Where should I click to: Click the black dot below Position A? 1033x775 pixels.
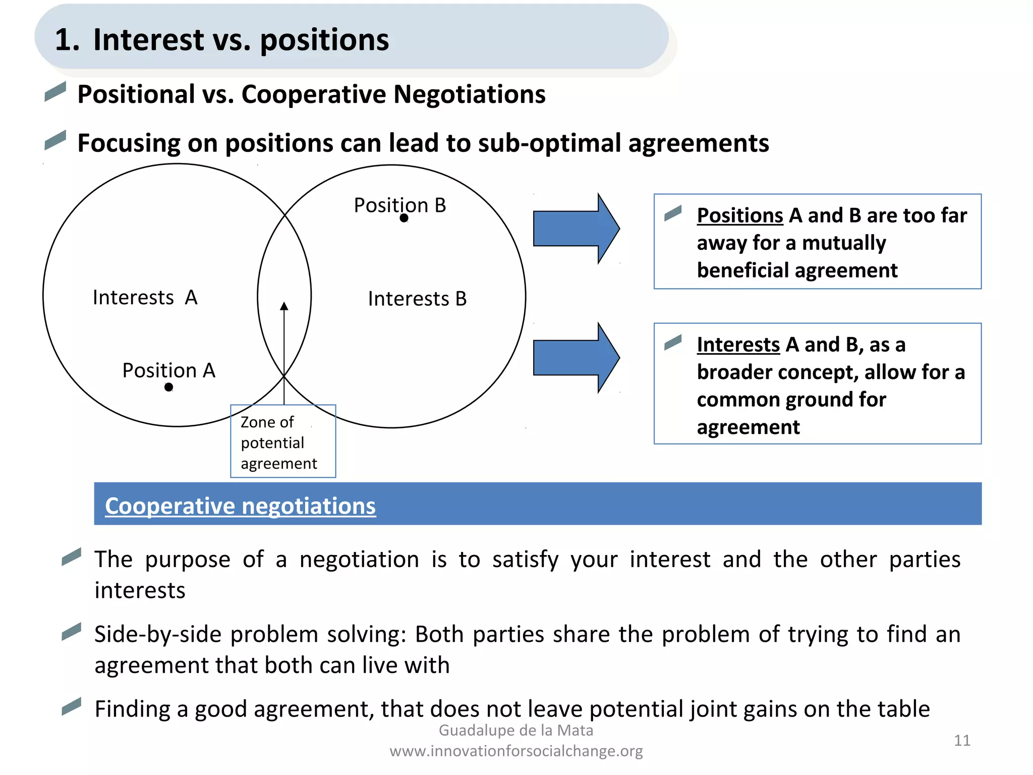[x=168, y=387]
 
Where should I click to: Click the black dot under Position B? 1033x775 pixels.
[x=404, y=218]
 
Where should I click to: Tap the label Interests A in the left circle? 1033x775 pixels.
[x=145, y=298]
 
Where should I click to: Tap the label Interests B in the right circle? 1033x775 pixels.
[x=417, y=299]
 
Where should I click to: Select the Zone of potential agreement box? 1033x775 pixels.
[x=283, y=441]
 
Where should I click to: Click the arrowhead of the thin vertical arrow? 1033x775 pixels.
[x=284, y=306]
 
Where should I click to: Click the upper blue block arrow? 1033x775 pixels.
[x=576, y=229]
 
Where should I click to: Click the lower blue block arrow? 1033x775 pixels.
[x=576, y=358]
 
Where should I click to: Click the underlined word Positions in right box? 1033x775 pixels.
[x=739, y=216]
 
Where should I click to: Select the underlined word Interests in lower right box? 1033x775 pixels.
[x=738, y=345]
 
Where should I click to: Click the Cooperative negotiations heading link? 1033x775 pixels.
[x=240, y=506]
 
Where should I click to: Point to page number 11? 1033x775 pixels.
[x=962, y=740]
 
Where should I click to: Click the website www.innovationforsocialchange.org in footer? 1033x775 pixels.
[x=516, y=751]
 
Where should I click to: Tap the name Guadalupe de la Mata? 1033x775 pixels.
[x=516, y=730]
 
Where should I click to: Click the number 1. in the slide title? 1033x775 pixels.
[x=67, y=40]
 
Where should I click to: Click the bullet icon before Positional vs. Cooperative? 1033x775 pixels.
[x=55, y=91]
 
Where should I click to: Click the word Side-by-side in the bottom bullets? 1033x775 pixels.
[x=158, y=634]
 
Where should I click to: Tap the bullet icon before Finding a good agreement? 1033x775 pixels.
[x=71, y=706]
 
